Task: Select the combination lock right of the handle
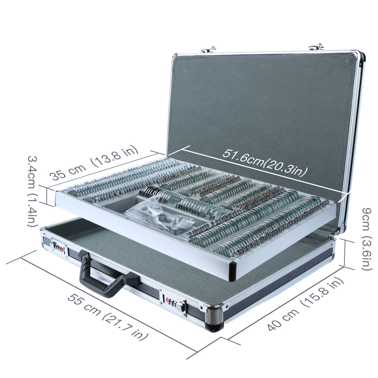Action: coord(174,304)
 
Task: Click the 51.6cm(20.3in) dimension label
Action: coord(265,162)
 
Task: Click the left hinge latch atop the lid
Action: coord(209,49)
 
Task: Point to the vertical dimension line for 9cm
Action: coord(345,253)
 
